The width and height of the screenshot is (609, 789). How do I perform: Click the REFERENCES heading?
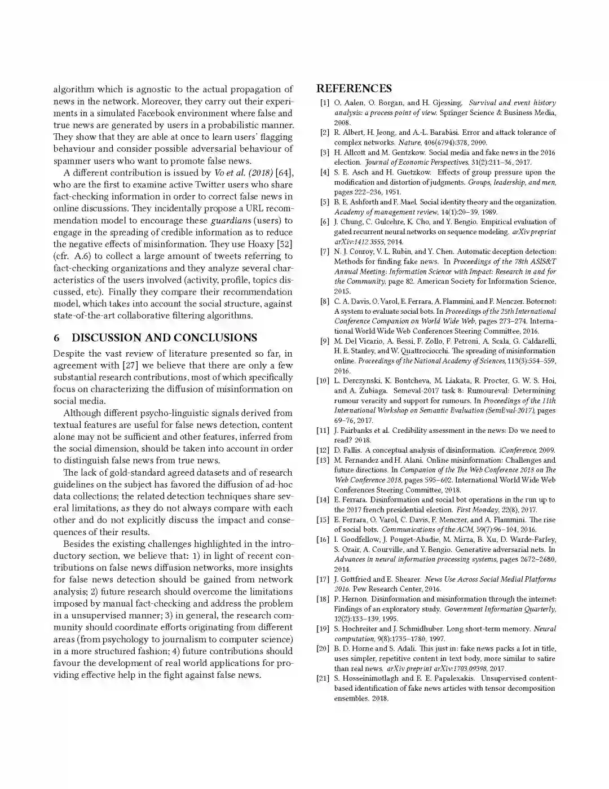(354, 88)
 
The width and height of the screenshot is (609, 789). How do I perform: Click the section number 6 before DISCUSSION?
(56, 338)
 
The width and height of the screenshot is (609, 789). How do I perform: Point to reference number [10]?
(323, 380)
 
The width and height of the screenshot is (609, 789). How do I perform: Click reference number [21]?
(323, 678)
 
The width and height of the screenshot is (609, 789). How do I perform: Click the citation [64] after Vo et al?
(284, 173)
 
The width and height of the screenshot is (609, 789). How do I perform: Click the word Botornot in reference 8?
(540, 301)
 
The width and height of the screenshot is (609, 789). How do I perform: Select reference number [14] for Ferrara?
(323, 500)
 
